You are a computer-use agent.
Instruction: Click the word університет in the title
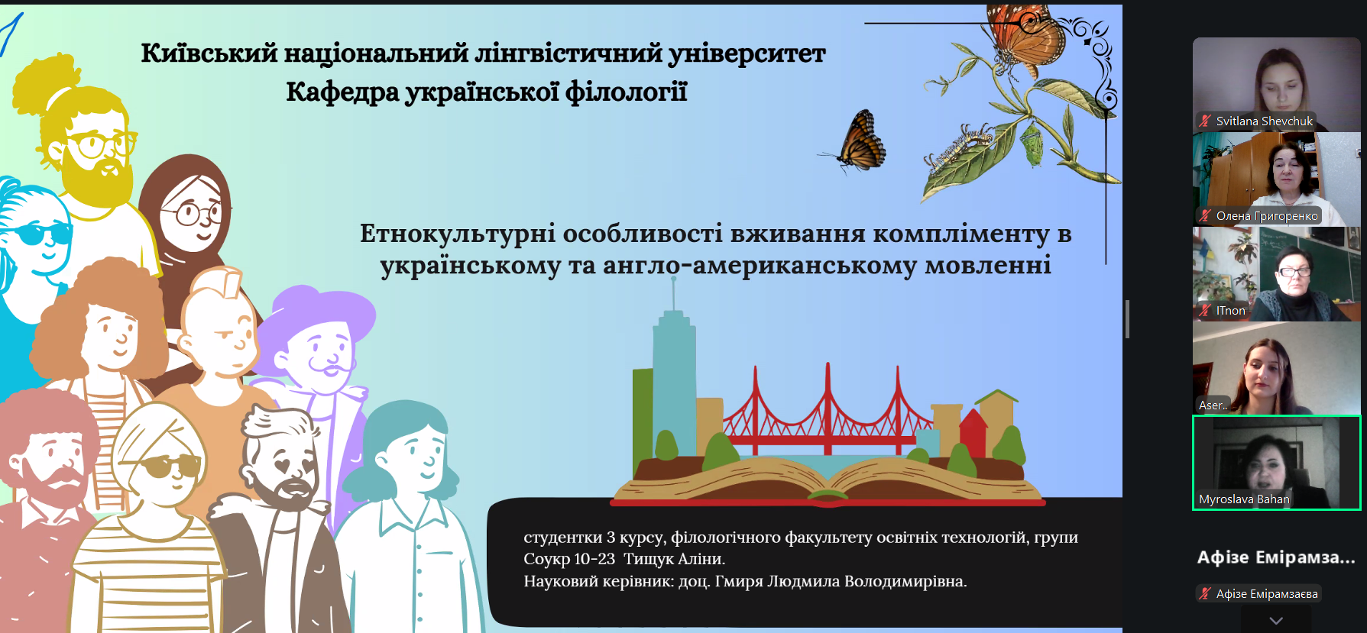[747, 53]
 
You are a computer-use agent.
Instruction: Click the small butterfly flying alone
[857, 140]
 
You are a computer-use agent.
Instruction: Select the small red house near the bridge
[972, 432]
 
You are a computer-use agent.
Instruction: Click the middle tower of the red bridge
[828, 405]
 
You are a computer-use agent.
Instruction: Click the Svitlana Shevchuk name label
[1265, 121]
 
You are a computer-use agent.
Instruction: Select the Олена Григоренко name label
[1267, 216]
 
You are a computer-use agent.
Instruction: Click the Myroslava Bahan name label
[1244, 499]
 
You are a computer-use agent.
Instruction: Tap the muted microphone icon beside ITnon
[1205, 310]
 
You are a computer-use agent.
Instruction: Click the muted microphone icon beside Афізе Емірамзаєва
[1205, 593]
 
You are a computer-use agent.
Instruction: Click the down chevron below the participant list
[1276, 621]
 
